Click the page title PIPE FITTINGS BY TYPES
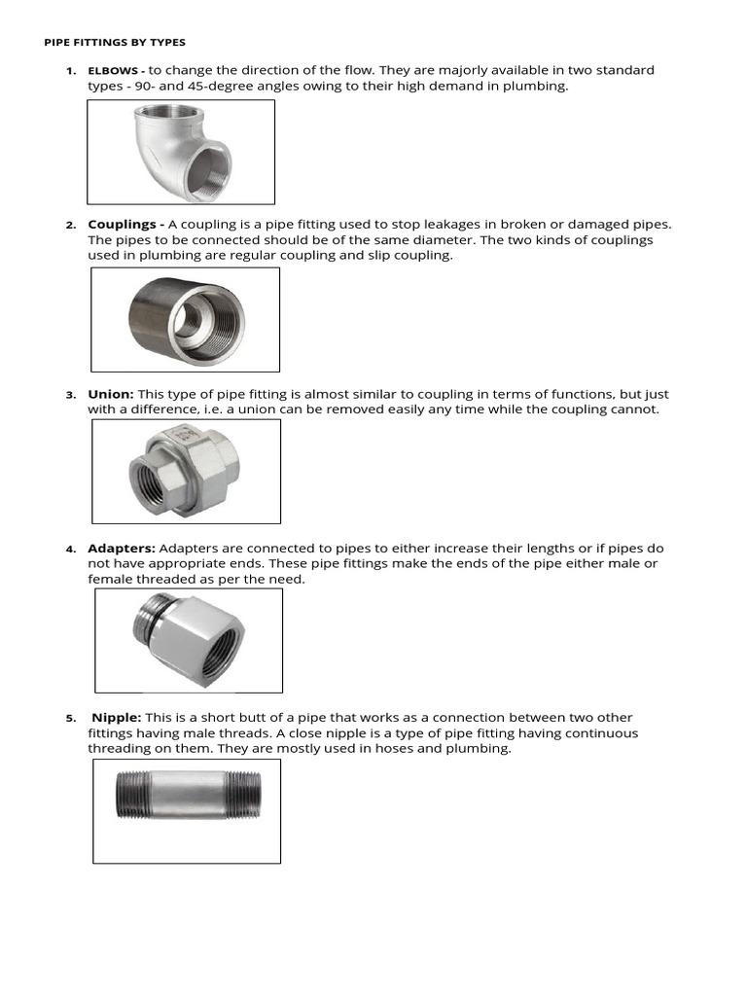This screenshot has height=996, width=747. (x=115, y=43)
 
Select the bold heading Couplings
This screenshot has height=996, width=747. (x=123, y=225)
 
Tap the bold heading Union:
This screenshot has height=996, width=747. (x=111, y=395)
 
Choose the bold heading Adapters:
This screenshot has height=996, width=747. (x=122, y=549)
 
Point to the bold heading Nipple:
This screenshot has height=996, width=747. (x=117, y=718)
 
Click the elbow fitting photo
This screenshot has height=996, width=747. (x=181, y=151)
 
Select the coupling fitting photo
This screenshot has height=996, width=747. (x=185, y=319)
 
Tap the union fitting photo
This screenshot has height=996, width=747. (x=185, y=470)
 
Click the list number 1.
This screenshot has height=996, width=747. (x=71, y=72)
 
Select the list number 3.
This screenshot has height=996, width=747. (x=71, y=396)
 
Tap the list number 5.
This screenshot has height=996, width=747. (x=71, y=719)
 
